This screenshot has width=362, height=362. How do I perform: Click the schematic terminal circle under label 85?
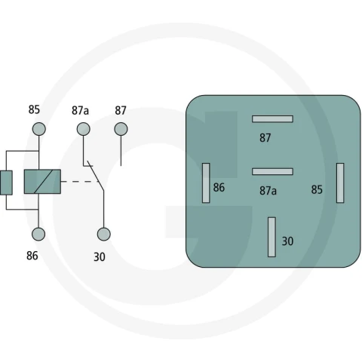39,129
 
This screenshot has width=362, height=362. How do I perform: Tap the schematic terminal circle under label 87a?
84,129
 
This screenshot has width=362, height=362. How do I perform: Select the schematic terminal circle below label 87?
121,129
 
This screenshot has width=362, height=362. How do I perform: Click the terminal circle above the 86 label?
38,234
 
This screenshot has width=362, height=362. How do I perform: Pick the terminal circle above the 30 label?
104,234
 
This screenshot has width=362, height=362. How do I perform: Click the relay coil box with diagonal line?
42,182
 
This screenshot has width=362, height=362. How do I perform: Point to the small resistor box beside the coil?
6,183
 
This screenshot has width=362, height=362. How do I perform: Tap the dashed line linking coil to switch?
80,181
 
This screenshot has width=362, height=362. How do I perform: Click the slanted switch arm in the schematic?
96,176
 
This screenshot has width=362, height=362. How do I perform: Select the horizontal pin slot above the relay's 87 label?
272,119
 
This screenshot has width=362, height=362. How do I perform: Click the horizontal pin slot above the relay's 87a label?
272,171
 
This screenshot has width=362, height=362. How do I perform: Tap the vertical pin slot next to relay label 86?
206,183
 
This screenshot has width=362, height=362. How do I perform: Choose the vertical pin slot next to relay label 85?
340,183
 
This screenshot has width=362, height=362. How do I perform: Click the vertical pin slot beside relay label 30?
271,237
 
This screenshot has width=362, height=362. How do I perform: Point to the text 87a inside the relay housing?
268,191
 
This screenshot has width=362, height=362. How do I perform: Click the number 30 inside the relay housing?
287,241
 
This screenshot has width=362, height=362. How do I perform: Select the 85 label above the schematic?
34,109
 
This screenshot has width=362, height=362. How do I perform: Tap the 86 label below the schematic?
32,256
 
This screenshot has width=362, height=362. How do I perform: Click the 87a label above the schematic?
80,110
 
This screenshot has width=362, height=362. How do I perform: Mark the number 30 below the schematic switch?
100,256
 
